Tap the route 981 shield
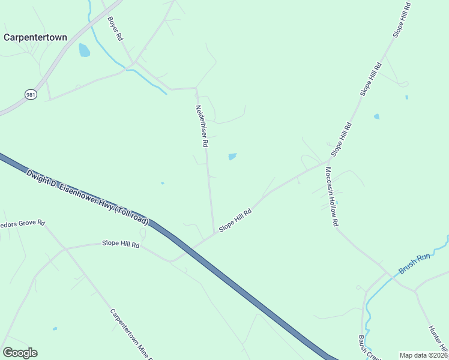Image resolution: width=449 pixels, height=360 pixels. pyautogui.click(x=31, y=94)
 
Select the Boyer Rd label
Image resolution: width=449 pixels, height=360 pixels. pyautogui.click(x=115, y=28)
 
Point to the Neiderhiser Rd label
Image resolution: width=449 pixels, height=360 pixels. pyautogui.click(x=201, y=127)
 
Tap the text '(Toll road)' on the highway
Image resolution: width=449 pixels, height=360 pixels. pyautogui.click(x=128, y=213)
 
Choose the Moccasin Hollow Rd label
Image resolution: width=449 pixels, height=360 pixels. pyautogui.click(x=332, y=196)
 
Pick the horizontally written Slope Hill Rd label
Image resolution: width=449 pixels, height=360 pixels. pyautogui.click(x=121, y=244)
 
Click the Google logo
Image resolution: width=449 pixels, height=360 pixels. pyautogui.click(x=20, y=353)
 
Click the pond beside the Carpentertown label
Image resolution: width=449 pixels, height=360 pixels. pyautogui.click(x=84, y=50)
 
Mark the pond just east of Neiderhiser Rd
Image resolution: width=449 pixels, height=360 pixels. pyautogui.click(x=232, y=157)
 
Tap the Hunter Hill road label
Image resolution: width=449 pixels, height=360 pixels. pyautogui.click(x=438, y=339)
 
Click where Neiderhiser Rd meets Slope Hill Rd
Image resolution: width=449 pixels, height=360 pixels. pyautogui.click(x=215, y=234)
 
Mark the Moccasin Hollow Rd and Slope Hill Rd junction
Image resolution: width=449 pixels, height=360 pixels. pyautogui.click(x=328, y=161)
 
